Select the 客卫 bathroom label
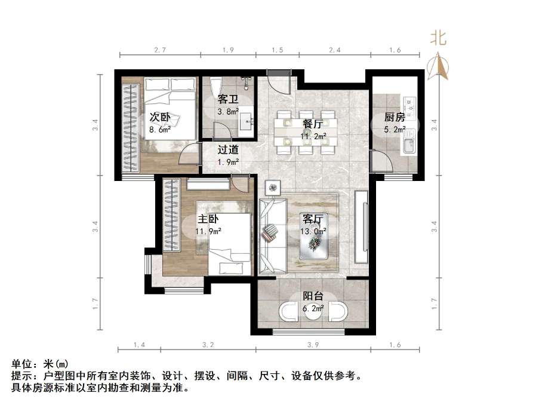point(227,99)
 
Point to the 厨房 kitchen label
point(395,117)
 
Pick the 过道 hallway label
point(227,150)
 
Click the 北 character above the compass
point(439,38)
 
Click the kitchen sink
point(409,145)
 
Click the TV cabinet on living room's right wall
point(362,226)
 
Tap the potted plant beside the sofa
point(273,188)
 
